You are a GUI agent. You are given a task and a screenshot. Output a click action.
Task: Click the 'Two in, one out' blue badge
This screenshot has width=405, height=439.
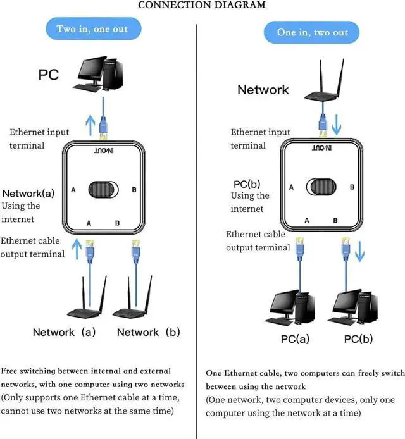[92, 29]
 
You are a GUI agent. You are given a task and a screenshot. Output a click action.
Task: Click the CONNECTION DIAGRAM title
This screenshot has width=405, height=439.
[201, 5]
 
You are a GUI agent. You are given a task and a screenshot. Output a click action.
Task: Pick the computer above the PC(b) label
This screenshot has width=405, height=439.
[352, 307]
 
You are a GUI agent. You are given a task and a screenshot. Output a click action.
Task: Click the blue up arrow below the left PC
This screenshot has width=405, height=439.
[91, 124]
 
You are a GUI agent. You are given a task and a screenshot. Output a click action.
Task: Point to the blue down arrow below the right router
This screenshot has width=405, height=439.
[337, 125]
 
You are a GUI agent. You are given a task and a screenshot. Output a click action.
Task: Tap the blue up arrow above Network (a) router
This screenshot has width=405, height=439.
[78, 249]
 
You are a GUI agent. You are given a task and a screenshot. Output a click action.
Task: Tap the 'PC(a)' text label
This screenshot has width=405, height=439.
[295, 339]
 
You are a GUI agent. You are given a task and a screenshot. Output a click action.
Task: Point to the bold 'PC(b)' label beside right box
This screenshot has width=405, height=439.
[247, 184]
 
